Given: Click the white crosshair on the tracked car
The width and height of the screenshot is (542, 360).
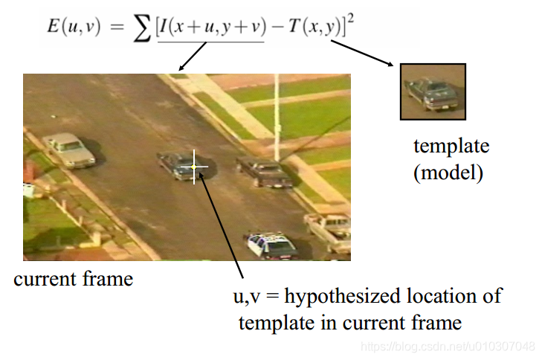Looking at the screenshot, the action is [195, 167].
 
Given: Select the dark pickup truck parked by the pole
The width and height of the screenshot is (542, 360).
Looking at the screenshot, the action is [264, 173].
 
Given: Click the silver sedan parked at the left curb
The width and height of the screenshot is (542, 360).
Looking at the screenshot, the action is [69, 150].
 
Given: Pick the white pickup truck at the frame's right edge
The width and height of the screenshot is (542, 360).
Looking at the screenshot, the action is [329, 230].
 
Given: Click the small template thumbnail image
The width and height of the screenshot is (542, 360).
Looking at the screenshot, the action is [433, 91].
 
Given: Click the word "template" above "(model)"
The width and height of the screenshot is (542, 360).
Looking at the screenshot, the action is [451, 145].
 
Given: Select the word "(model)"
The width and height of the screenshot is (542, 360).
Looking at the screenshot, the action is [448, 174].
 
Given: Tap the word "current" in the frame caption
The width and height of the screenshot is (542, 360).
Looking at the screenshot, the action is [43, 280].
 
